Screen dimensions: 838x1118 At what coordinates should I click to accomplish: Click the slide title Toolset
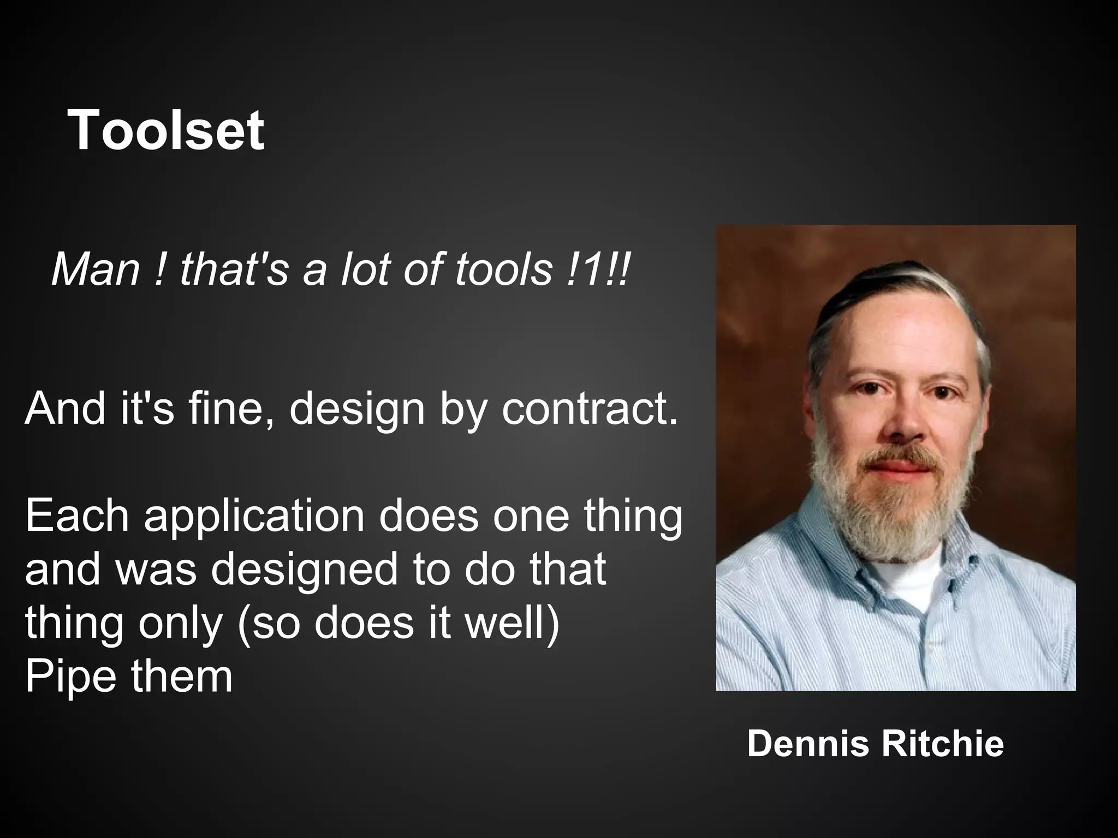click(165, 130)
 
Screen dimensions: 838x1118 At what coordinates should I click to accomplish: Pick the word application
click(254, 517)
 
